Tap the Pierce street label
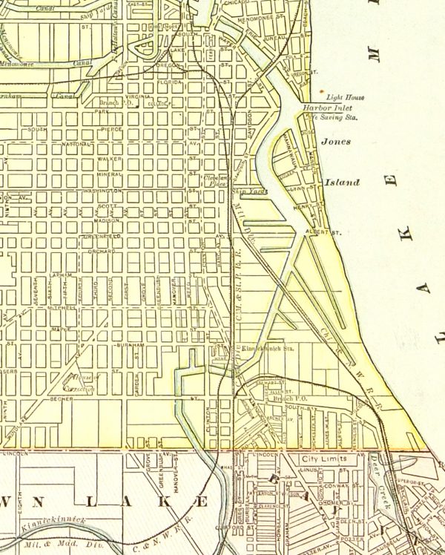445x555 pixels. pyautogui.click(x=111, y=129)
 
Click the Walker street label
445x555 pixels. pyautogui.click(x=110, y=159)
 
